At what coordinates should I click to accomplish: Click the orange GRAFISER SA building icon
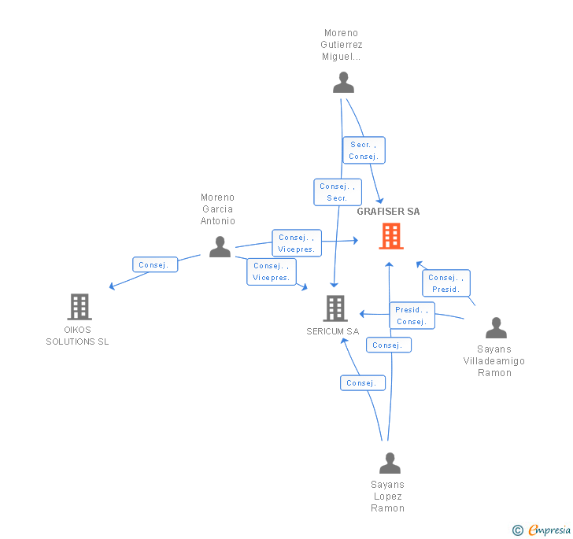tap(390, 236)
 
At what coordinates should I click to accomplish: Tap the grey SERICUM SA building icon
tap(336, 308)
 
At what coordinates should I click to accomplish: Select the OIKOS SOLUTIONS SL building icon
tap(79, 306)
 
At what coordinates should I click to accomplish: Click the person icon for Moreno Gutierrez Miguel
tap(343, 83)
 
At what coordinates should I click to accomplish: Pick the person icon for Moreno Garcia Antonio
tap(220, 247)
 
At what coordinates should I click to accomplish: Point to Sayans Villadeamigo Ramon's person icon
tap(496, 327)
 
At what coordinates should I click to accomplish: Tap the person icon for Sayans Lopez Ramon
tap(390, 463)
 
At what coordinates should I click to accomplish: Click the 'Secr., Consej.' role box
tap(364, 150)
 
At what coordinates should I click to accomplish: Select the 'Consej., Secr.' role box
tap(337, 192)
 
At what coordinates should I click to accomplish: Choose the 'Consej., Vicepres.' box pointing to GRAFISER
tap(296, 243)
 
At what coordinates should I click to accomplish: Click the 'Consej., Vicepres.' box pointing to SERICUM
tap(272, 271)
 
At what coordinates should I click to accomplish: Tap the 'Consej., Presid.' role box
tap(446, 283)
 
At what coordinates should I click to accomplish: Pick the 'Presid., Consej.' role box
tap(412, 316)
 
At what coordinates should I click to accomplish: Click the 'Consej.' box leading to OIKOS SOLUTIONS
tap(155, 265)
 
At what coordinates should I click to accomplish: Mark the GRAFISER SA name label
tap(388, 212)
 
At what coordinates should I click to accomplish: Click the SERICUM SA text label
tap(332, 331)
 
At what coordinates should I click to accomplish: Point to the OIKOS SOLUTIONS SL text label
tap(77, 336)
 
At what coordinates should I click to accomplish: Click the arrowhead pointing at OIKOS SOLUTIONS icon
tap(112, 287)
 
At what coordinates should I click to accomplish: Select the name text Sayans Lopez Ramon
tap(387, 497)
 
